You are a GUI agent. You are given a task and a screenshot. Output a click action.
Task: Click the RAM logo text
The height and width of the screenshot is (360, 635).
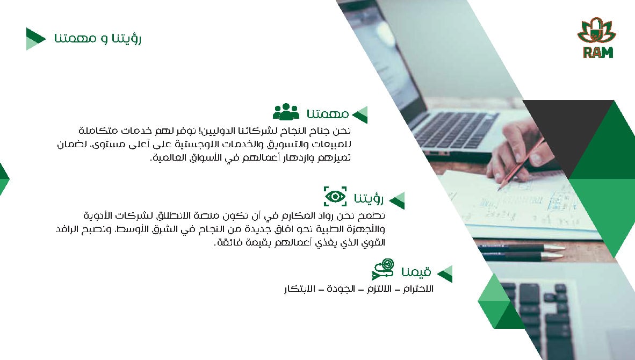point(598,52)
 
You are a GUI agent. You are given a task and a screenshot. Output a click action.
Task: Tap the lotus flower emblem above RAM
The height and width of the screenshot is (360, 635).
point(596,31)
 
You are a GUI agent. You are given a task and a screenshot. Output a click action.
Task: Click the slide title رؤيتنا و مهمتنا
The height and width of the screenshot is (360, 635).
point(98,39)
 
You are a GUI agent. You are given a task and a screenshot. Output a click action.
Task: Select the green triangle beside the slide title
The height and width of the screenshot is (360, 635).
point(35,39)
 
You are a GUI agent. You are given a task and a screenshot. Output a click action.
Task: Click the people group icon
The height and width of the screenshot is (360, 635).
point(286,112)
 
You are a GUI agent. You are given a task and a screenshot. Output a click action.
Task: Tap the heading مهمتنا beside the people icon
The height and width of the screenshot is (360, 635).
point(328,114)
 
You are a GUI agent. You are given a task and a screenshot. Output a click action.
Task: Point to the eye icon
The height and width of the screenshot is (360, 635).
point(335,197)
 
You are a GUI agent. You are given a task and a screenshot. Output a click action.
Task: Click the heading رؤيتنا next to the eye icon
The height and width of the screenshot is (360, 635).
point(369,198)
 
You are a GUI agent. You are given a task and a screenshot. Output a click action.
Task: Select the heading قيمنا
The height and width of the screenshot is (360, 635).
point(416,272)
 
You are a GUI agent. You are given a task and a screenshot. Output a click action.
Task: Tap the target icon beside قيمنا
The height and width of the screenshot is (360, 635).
point(383,269)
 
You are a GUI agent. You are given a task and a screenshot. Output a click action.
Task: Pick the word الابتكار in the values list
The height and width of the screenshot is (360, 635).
point(299,289)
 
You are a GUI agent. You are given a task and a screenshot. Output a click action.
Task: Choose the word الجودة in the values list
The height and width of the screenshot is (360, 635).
point(341,289)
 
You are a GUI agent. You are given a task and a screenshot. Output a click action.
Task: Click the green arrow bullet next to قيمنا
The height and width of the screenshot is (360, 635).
point(445,274)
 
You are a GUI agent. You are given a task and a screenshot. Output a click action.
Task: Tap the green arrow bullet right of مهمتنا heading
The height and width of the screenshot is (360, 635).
point(360,115)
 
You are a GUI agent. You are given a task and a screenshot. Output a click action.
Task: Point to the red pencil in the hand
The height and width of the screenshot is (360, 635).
point(521,163)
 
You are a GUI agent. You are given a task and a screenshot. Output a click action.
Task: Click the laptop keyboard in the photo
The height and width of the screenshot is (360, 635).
point(456,129)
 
